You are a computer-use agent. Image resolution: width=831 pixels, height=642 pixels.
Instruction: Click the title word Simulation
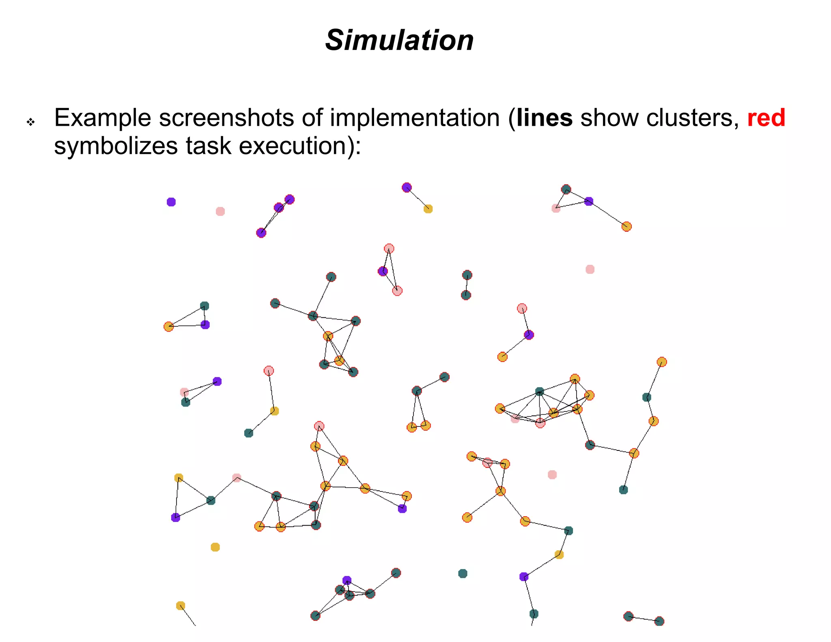coord(399,41)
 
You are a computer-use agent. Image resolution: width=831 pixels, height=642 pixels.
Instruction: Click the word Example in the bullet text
coord(102,118)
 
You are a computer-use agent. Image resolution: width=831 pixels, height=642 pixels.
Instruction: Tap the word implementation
coord(414,118)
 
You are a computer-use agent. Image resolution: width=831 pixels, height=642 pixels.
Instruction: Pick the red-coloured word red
coord(766,118)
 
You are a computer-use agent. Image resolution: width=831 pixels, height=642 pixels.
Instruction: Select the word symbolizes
coord(116,146)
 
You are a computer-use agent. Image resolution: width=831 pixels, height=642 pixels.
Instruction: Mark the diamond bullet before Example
coord(31,122)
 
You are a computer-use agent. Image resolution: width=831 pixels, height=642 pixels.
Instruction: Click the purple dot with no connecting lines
coord(171,202)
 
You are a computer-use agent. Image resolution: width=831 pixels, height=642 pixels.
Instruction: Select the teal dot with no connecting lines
coord(463,573)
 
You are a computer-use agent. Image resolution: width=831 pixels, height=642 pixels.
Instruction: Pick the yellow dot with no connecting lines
coord(215,547)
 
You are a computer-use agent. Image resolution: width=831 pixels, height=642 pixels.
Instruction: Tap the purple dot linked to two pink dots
coord(383,271)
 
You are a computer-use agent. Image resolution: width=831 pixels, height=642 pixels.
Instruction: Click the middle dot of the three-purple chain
coord(279,208)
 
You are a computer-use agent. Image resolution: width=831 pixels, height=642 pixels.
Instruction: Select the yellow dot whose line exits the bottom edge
coord(181,606)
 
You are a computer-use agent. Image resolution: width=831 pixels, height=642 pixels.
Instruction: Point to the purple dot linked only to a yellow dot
coord(407,187)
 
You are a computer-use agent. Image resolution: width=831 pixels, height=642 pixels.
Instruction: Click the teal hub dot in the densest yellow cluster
coord(539,392)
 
